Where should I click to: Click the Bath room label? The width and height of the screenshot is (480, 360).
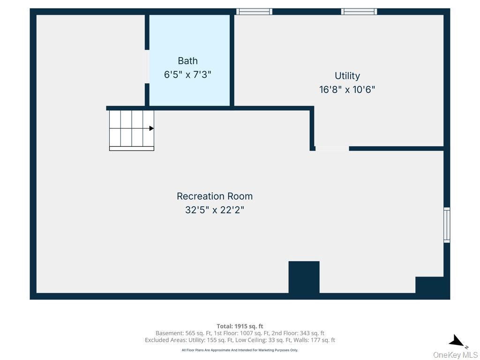187,60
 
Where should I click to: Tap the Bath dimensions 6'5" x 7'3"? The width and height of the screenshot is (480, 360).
187,75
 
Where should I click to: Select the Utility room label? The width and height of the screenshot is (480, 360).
347,75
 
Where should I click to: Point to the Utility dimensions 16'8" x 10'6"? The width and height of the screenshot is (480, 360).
347,90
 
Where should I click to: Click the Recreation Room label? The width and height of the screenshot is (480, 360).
215,196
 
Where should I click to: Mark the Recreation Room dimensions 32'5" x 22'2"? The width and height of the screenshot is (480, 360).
215,210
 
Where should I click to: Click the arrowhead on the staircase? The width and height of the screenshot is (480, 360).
151,128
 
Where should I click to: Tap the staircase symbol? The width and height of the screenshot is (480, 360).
132,130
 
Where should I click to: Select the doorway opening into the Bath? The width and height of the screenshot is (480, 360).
147,67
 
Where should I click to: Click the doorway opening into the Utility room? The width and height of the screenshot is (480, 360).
332,149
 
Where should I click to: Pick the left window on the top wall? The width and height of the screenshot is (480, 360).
254,12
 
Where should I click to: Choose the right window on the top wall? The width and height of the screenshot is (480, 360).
359,12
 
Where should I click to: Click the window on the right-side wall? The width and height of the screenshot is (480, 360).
447,225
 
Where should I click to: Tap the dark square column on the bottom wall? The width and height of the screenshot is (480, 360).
304,277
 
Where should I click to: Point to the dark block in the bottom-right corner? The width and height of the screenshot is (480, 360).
429,285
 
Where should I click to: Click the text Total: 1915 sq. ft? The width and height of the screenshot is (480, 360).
240,326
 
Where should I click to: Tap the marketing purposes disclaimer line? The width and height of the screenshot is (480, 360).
240,350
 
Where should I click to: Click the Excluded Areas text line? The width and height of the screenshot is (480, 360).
240,340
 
